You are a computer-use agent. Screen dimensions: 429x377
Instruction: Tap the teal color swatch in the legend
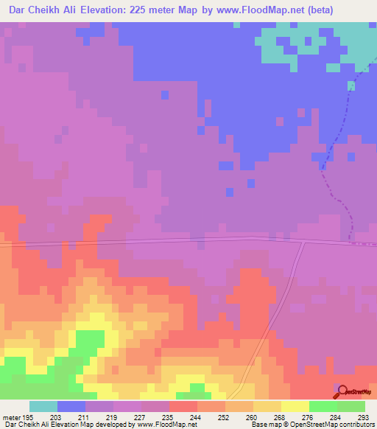[43, 405]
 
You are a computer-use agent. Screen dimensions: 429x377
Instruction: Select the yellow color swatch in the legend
[295, 405]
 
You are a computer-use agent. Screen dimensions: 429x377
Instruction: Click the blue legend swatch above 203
[71, 405]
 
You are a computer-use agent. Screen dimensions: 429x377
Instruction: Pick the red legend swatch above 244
[183, 405]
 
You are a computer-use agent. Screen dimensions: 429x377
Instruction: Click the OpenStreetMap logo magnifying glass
[341, 389]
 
